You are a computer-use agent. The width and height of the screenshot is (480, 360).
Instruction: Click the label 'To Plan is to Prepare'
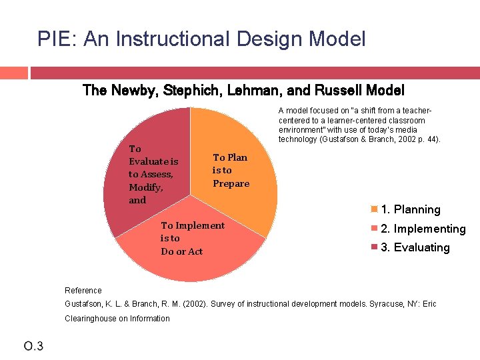click(231, 171)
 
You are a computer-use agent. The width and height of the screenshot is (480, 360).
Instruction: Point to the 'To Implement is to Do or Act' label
click(192, 238)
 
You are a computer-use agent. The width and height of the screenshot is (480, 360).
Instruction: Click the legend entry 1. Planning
click(410, 209)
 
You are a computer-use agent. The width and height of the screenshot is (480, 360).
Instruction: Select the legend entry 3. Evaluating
click(415, 247)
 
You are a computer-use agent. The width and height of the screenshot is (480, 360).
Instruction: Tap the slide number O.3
click(33, 345)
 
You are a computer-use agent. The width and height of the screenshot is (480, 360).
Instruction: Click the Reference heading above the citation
click(83, 290)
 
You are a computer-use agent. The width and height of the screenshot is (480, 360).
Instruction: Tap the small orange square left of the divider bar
click(13, 72)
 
